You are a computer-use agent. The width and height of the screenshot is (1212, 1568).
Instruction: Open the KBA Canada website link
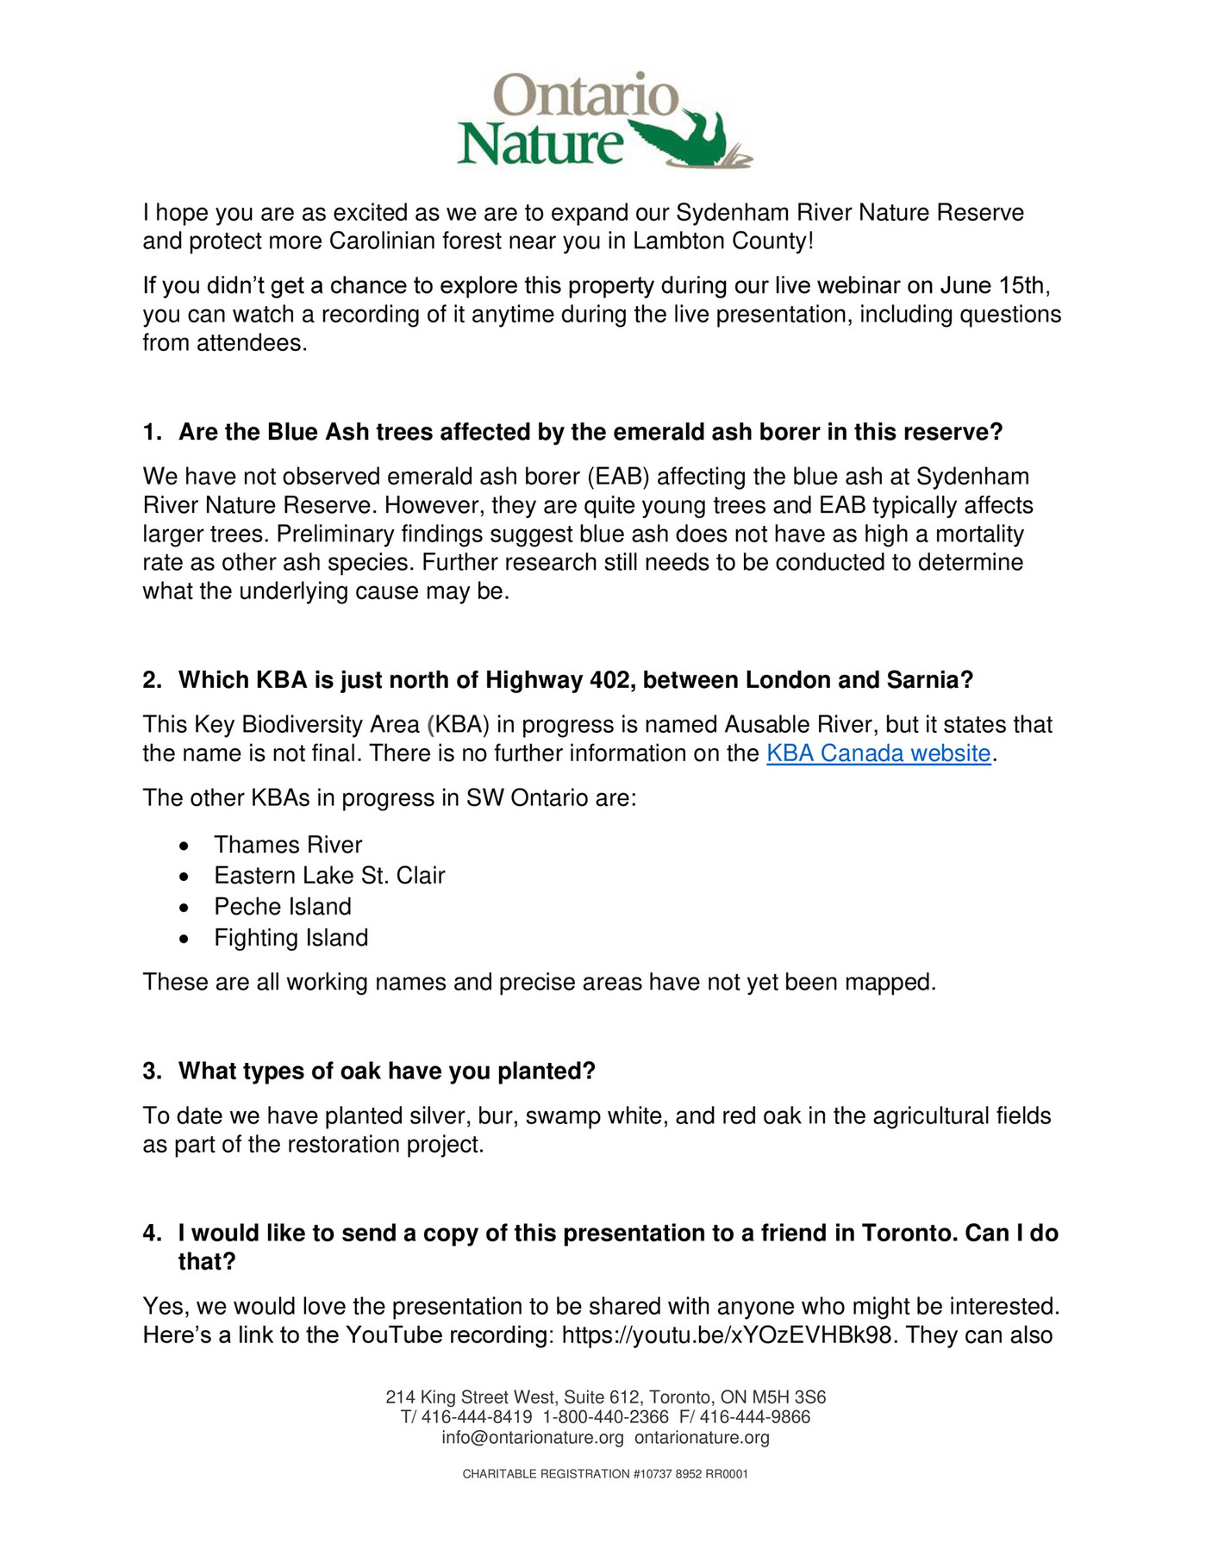(878, 753)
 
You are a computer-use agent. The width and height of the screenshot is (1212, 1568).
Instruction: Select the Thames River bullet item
(288, 845)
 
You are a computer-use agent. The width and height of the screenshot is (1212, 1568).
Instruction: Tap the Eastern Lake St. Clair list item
(329, 876)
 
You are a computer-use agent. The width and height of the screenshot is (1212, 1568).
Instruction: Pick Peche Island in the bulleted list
(283, 907)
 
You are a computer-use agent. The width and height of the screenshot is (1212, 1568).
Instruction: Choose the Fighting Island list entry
(291, 938)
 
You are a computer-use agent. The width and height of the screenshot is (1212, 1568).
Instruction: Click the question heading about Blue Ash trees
(590, 432)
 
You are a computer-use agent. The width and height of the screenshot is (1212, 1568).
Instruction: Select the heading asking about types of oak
(386, 1071)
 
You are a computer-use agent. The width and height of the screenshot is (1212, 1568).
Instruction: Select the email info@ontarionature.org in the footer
(532, 1438)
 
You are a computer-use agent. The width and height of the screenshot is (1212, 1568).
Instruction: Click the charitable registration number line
(605, 1474)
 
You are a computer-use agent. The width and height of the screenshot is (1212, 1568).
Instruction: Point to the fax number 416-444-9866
(754, 1417)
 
